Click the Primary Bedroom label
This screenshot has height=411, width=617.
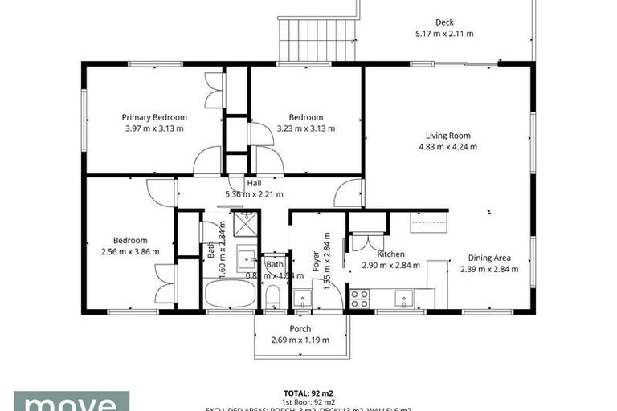click(154, 117)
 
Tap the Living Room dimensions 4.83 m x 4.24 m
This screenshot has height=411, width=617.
click(448, 147)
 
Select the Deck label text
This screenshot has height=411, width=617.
click(444, 22)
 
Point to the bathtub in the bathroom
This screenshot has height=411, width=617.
click(230, 294)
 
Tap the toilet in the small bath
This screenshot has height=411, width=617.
click(272, 296)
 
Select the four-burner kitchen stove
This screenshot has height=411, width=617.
click(360, 299)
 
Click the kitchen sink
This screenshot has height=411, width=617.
click(403, 299)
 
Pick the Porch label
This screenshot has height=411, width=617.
click(300, 328)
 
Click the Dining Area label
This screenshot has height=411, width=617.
click(489, 258)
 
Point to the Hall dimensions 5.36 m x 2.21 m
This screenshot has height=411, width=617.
click(254, 193)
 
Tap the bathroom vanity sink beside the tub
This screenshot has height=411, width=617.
click(247, 260)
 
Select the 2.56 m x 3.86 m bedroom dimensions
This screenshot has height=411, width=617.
click(130, 251)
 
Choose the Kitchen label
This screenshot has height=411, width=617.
click(390, 254)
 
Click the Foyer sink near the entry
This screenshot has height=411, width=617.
click(304, 299)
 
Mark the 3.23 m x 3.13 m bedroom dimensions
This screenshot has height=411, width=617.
click(306, 128)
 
